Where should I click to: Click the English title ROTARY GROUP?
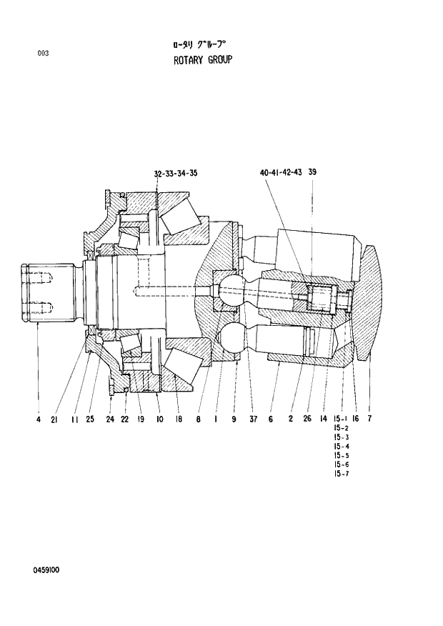[x=203, y=60]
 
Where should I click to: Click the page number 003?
[x=43, y=53]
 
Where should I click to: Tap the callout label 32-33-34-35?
[x=175, y=174]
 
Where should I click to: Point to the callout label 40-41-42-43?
[x=282, y=174]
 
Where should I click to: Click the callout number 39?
[x=312, y=174]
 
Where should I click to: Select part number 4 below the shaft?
[x=38, y=419]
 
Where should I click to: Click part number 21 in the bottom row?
[x=54, y=419]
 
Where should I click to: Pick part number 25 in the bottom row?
[x=90, y=419]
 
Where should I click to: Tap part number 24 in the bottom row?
[x=110, y=419]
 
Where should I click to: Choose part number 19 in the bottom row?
[x=140, y=419]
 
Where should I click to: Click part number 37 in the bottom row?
[x=253, y=419]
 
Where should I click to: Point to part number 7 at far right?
[x=369, y=419]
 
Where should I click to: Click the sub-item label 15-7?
[x=341, y=474]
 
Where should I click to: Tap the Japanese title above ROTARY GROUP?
[x=204, y=44]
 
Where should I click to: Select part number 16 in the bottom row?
[x=354, y=419]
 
